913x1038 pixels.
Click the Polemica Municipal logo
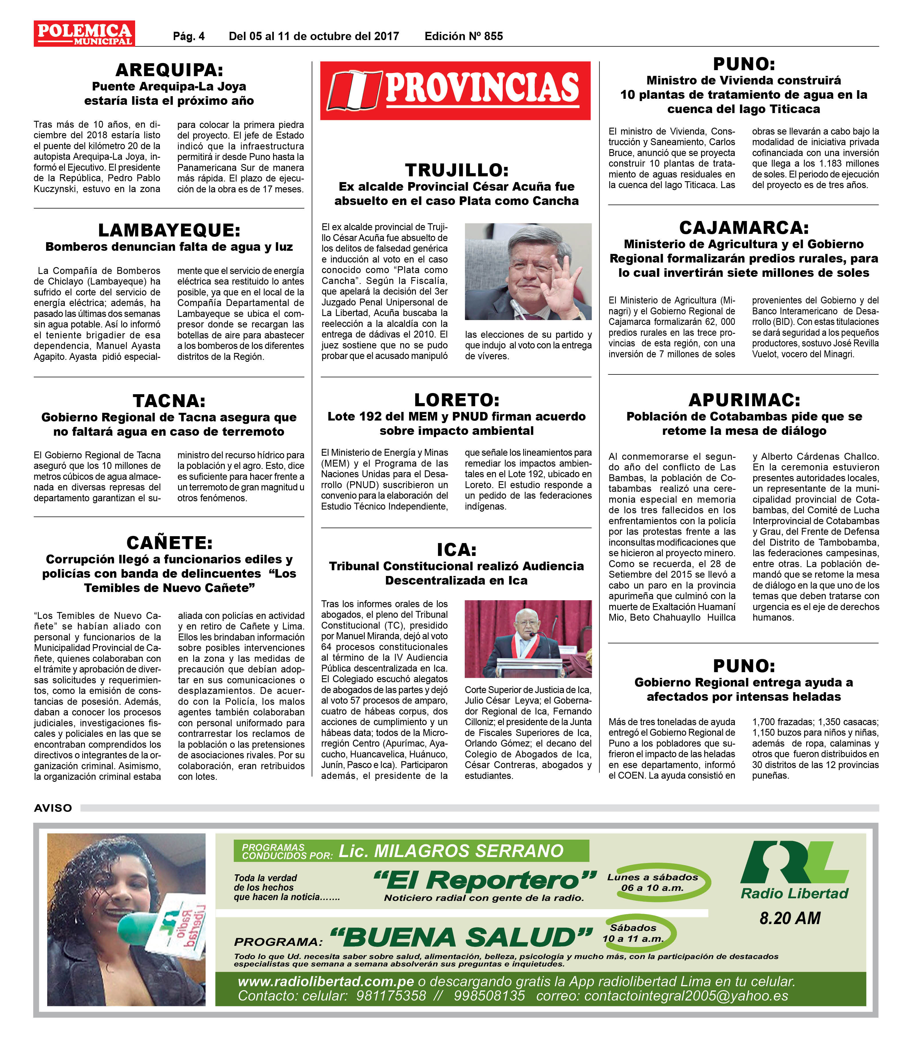[84, 33]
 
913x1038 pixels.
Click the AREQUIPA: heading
[169, 70]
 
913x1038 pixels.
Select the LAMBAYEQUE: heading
[169, 230]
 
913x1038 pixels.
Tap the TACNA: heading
[169, 401]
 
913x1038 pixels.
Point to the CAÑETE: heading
[169, 543]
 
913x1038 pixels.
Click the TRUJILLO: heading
[456, 170]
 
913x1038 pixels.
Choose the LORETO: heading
[456, 400]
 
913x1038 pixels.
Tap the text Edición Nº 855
[464, 36]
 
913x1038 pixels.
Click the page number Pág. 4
[189, 36]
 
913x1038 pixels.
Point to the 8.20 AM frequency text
[790, 918]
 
